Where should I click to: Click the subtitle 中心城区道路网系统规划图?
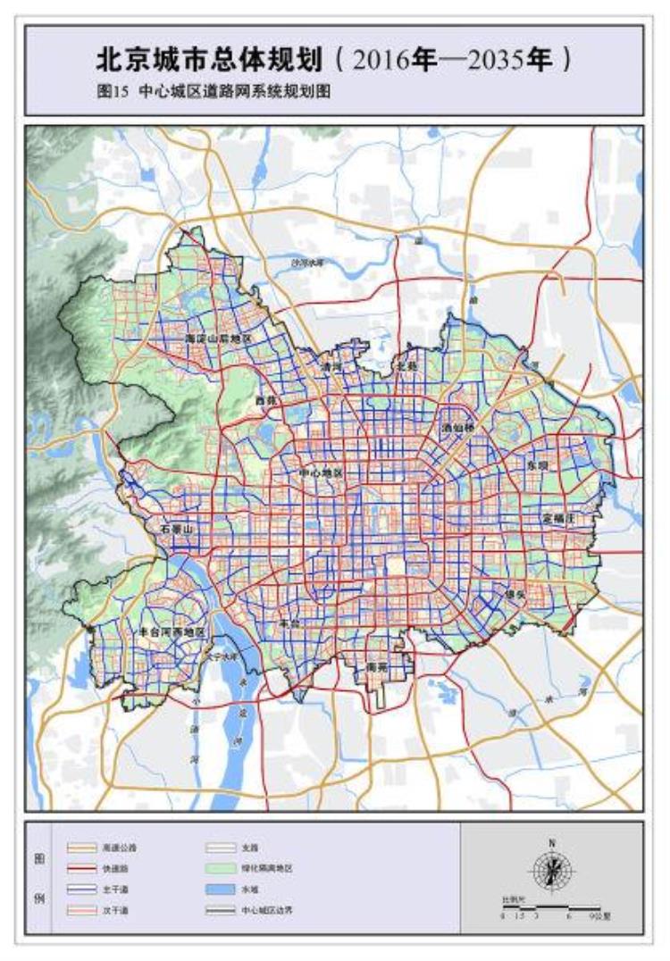click(234, 91)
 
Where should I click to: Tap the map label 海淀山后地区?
click(220, 340)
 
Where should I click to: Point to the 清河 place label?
click(332, 366)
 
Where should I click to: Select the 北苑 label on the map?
click(407, 366)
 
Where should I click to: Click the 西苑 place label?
click(265, 401)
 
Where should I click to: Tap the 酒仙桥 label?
click(459, 428)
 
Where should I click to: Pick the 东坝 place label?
click(538, 465)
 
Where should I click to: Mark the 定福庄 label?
click(561, 517)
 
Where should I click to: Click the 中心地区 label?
click(320, 472)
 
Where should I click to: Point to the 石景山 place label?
click(177, 530)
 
